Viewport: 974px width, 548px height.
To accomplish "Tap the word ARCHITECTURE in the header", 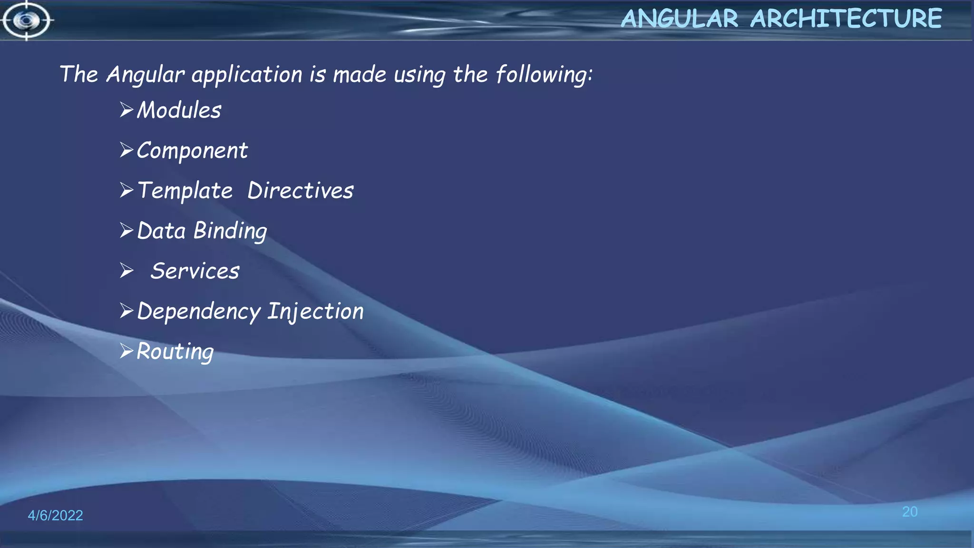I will pyautogui.click(x=846, y=19).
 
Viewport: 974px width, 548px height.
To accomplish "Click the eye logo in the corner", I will pyautogui.click(x=26, y=20).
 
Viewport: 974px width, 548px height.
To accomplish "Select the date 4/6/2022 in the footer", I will pyautogui.click(x=55, y=515).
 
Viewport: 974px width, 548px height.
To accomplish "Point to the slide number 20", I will pyautogui.click(x=910, y=512).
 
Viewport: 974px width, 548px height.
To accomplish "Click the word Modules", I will pyautogui.click(x=179, y=110).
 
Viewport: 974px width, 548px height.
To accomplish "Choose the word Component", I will pyautogui.click(x=192, y=151).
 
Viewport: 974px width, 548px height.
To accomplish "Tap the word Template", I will pyautogui.click(x=185, y=191).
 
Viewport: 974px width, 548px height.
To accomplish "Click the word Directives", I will pyautogui.click(x=301, y=191).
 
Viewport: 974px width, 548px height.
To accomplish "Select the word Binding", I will pyautogui.click(x=230, y=231).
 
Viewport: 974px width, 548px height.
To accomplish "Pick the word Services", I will pyautogui.click(x=195, y=271).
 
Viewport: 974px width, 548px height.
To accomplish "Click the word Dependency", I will pyautogui.click(x=199, y=312).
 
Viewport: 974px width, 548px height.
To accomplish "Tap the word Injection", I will pyautogui.click(x=315, y=312).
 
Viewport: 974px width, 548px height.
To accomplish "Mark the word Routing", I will pyautogui.click(x=175, y=352).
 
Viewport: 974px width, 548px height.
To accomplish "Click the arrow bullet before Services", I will pyautogui.click(x=127, y=271).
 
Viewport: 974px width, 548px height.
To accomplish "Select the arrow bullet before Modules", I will pyautogui.click(x=127, y=110).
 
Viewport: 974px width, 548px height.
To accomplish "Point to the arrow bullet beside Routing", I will pyautogui.click(x=127, y=351).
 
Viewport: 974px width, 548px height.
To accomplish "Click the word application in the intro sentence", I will pyautogui.click(x=247, y=75).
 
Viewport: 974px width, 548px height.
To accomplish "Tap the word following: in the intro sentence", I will pyautogui.click(x=544, y=75).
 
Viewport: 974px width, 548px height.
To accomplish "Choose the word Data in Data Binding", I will pyautogui.click(x=161, y=231).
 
